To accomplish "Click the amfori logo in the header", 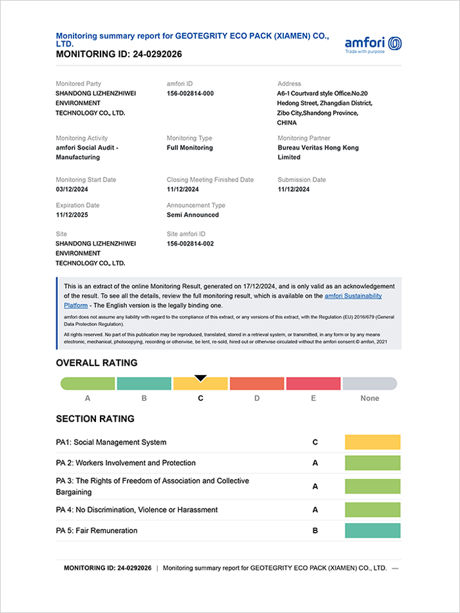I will (373, 45).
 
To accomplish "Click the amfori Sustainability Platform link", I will (354, 296).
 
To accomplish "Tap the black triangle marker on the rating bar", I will (200, 378).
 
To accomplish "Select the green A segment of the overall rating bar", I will (88, 384).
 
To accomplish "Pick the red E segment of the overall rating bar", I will (313, 384).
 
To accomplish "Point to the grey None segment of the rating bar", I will (369, 384).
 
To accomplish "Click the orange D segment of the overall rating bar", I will (257, 384).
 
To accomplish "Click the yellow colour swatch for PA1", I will (372, 442).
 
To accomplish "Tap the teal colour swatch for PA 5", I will (372, 531).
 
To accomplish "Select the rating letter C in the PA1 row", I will (315, 442).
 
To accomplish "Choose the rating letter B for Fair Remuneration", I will (315, 531).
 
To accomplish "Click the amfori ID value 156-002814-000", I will (190, 93).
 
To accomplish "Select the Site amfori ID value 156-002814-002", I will (190, 244).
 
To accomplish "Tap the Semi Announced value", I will (193, 215).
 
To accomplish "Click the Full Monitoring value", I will (190, 148).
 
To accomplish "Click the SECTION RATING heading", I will (95, 419).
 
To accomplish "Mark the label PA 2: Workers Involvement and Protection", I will (126, 463).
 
